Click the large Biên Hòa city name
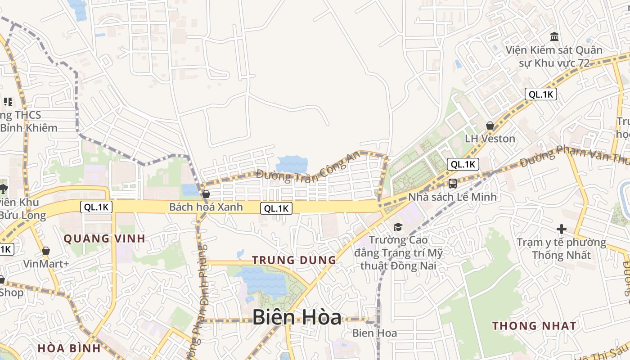click(x=297, y=317)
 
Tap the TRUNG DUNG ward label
click(x=294, y=260)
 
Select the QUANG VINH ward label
click(x=104, y=238)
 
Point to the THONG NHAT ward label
click(x=534, y=326)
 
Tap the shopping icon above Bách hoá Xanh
click(x=206, y=194)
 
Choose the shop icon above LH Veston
click(x=490, y=126)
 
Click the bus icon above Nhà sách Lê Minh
click(x=452, y=183)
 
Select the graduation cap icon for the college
click(x=398, y=227)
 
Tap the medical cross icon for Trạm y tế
click(x=561, y=229)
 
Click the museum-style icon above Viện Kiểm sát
click(x=554, y=36)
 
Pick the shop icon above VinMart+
click(x=45, y=251)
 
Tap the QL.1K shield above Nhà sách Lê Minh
click(x=463, y=164)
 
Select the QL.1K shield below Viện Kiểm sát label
click(x=540, y=94)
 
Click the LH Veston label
click(x=490, y=139)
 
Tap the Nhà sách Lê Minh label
click(x=452, y=197)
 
